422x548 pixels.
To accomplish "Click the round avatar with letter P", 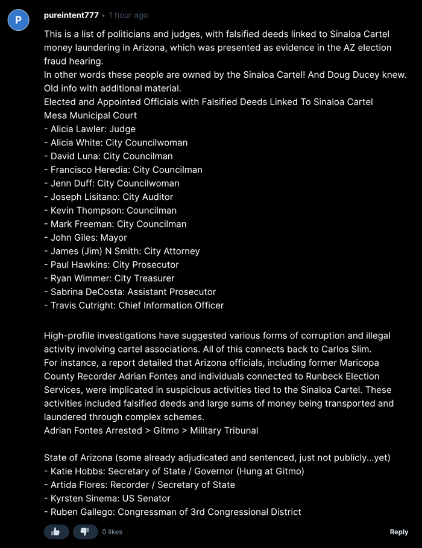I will tap(18, 20).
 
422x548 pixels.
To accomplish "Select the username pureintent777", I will tap(71, 15).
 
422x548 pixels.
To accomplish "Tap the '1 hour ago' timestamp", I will tap(128, 15).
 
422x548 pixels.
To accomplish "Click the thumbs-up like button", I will tap(56, 532).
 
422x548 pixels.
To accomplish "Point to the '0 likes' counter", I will tap(112, 532).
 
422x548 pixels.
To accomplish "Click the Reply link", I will tap(398, 532).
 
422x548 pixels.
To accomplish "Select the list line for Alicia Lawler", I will tap(90, 129).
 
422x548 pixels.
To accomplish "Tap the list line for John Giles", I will tap(86, 238).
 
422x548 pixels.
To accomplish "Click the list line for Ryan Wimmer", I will tap(109, 278).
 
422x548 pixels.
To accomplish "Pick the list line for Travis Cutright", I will tap(134, 305).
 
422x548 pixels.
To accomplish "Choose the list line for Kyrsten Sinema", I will tap(107, 499).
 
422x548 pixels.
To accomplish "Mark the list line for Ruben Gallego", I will tap(172, 512).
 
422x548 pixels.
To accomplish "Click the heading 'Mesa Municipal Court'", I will tap(90, 115).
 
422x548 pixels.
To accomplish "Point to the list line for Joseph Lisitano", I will tap(109, 197).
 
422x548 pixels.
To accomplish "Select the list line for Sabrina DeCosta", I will tap(130, 292).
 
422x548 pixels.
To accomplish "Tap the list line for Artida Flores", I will tap(139, 485).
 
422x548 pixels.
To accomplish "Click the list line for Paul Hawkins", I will tap(112, 265).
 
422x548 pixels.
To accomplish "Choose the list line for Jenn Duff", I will tap(112, 183).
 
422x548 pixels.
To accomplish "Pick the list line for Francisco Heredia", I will tap(123, 170).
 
